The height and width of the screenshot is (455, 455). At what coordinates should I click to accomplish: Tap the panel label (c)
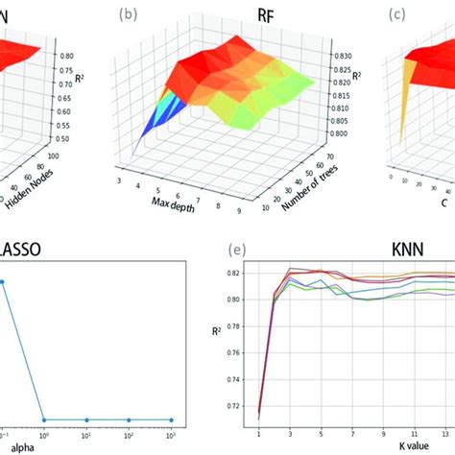[x=395, y=15]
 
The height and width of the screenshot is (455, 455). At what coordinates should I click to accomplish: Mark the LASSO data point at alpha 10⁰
[x=44, y=419]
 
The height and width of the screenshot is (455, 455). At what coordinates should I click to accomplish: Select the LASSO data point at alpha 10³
[x=171, y=419]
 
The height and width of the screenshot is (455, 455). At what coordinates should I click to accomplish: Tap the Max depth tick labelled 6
[x=179, y=191]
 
